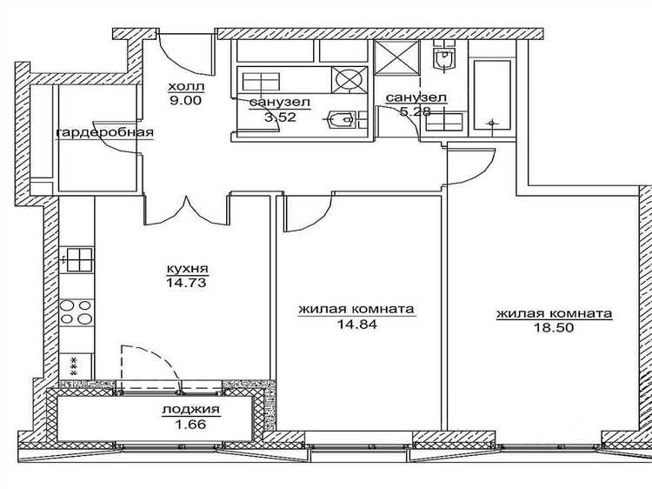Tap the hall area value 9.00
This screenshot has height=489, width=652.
(x=185, y=101)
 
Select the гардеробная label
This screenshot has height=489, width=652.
(x=105, y=133)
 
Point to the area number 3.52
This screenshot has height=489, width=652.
(x=280, y=117)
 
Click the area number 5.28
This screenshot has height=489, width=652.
(x=415, y=111)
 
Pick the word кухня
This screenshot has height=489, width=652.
(x=187, y=269)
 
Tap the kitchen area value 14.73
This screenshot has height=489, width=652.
(x=186, y=283)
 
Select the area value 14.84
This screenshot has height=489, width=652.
(x=357, y=325)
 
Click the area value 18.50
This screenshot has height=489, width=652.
(x=554, y=327)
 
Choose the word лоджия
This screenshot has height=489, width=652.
(x=191, y=410)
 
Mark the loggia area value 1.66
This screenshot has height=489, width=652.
(x=191, y=425)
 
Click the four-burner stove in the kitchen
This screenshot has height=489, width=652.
(x=77, y=312)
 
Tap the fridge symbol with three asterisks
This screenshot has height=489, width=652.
(x=76, y=366)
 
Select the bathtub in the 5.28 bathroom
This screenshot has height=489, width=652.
(x=492, y=96)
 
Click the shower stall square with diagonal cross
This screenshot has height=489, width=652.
(x=396, y=57)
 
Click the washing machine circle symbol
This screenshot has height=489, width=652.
(x=349, y=79)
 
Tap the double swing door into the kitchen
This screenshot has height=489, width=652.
(x=186, y=211)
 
